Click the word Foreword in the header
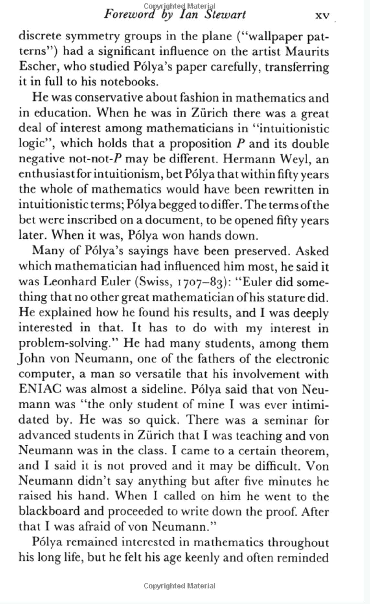129,14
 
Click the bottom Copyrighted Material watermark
179,586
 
